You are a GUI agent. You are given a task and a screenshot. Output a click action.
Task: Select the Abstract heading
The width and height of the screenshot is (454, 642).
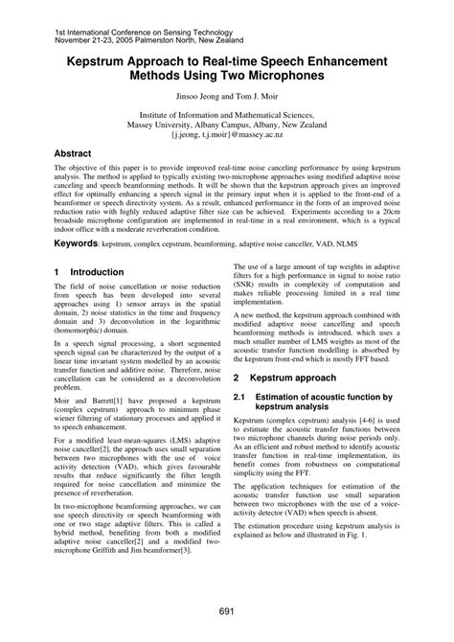(x=73, y=152)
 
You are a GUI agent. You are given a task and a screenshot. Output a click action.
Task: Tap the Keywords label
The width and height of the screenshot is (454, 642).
(x=76, y=244)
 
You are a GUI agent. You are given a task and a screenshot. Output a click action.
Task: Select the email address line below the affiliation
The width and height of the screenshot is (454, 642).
(x=227, y=136)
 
